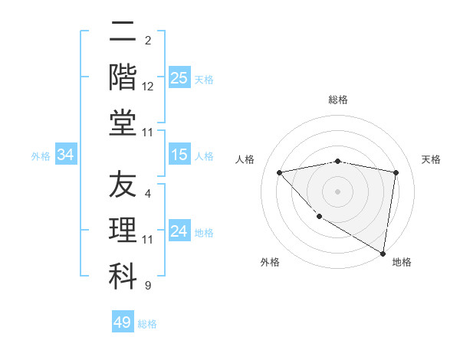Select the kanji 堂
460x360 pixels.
tap(123, 123)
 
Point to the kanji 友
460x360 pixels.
tap(123, 186)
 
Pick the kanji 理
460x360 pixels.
tap(123, 231)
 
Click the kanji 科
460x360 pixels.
tap(123, 276)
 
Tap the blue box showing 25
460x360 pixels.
tap(179, 78)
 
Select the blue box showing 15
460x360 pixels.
tap(179, 155)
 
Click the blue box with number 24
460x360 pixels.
tap(179, 231)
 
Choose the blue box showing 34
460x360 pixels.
tap(65, 155)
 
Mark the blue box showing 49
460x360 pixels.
tap(123, 322)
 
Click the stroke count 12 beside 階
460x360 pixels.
tap(148, 87)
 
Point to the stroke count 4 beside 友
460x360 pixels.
tap(148, 194)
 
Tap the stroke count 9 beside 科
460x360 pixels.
tap(148, 286)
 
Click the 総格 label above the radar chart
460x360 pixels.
tap(338, 100)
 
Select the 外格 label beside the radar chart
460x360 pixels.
tap(270, 262)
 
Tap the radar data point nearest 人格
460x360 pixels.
tap(280, 172)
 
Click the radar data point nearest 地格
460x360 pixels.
tap(383, 253)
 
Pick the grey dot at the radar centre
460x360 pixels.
tap(337, 191)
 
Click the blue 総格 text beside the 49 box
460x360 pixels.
tap(148, 324)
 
